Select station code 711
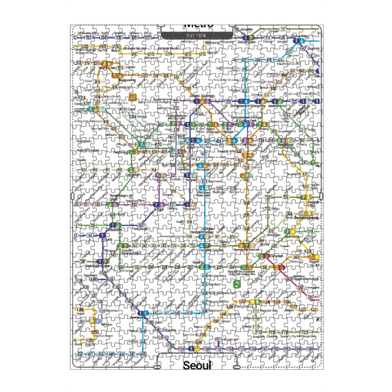(284, 29)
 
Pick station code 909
(84, 170)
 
